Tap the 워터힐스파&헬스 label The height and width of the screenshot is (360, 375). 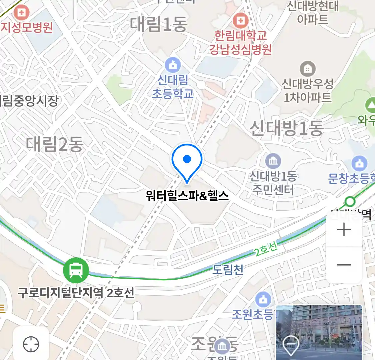(187, 195)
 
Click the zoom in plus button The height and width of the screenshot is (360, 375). (344, 230)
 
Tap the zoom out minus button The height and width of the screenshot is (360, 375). (344, 265)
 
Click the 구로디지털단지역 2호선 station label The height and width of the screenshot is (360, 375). (76, 293)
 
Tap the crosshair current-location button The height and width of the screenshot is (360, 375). (31, 344)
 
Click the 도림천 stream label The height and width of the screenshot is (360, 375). (228, 269)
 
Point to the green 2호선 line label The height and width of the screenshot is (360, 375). (266, 249)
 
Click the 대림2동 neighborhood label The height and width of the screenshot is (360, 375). (55, 144)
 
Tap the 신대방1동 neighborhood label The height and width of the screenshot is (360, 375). (287, 128)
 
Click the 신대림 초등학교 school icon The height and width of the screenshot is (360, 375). (173, 65)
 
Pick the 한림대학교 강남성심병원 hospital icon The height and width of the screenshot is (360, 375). (240, 21)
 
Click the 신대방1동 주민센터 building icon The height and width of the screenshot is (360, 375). (273, 162)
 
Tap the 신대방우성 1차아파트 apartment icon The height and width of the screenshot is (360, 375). (307, 69)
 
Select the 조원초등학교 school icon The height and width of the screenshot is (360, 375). (263, 300)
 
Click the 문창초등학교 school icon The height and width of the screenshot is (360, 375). (359, 164)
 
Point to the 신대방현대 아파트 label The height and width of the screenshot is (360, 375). (313, 13)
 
